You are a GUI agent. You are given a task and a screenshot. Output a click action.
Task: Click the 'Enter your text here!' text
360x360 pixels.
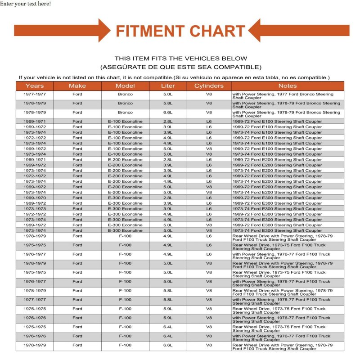(x=25, y=4)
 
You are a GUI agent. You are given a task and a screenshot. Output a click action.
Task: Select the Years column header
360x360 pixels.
(x=35, y=86)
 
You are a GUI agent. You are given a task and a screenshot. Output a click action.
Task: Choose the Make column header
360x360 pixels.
(x=77, y=86)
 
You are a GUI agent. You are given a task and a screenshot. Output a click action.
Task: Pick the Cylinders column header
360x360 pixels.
(x=209, y=86)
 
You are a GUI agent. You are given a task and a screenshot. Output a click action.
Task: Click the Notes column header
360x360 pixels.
(x=287, y=86)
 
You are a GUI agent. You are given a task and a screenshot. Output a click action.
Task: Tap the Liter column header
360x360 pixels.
(x=168, y=86)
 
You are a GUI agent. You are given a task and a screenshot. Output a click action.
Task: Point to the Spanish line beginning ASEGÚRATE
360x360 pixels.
(x=180, y=67)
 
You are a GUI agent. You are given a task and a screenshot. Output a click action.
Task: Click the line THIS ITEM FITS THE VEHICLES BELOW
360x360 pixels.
(x=180, y=58)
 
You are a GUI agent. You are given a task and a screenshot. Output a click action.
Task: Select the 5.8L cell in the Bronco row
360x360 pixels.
(x=168, y=103)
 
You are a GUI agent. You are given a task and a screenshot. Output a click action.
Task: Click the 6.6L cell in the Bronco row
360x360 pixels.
(x=168, y=112)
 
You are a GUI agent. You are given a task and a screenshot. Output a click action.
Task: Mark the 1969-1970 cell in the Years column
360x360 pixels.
(x=35, y=198)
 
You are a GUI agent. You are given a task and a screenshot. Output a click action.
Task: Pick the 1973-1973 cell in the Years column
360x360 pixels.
(x=35, y=209)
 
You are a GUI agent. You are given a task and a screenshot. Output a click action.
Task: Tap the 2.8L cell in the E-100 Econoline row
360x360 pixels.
(x=168, y=121)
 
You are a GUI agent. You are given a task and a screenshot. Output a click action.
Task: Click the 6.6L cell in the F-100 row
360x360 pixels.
(x=168, y=345)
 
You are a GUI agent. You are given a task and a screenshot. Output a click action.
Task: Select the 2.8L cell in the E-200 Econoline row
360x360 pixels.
(x=168, y=160)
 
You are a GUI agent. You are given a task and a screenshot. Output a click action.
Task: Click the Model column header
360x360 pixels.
(x=125, y=86)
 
